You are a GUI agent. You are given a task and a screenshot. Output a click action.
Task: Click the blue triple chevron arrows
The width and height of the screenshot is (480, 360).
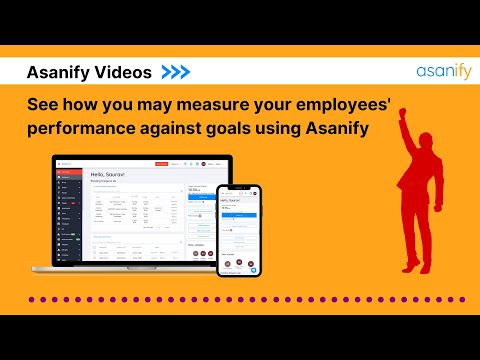pyautogui.click(x=176, y=73)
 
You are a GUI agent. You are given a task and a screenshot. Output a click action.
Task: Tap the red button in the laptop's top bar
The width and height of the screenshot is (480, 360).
pyautogui.click(x=160, y=163)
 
